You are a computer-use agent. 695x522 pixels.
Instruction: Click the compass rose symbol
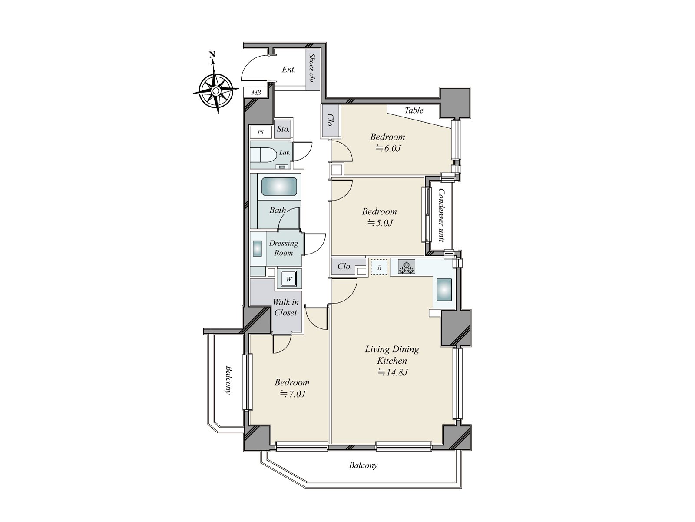[215, 90]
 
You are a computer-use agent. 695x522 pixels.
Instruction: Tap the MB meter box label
[256, 93]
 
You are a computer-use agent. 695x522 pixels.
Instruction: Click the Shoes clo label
[311, 69]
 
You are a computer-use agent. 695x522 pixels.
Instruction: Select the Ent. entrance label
[289, 70]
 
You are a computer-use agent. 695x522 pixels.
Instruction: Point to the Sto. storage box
[283, 129]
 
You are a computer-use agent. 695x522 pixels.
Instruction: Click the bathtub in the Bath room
[279, 187]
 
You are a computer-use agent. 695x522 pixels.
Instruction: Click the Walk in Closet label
[285, 307]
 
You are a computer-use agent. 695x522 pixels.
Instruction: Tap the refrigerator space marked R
[379, 268]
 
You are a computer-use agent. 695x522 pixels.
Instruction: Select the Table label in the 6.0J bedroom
[414, 110]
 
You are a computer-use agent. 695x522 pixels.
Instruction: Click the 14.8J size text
[392, 372]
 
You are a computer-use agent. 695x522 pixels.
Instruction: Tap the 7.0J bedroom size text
[291, 394]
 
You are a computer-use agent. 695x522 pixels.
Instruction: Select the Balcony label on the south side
[363, 465]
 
